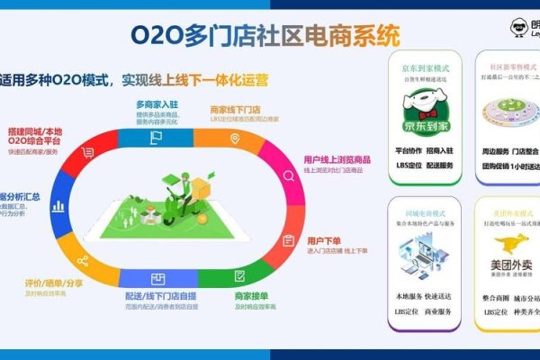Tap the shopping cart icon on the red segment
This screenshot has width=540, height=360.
point(87,153)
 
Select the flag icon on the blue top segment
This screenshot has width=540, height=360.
point(156,138)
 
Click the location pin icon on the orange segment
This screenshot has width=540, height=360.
point(235,139)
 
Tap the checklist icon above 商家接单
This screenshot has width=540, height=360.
point(239,275)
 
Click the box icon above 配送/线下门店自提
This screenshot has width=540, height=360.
point(157,278)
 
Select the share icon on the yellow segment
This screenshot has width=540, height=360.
point(83,261)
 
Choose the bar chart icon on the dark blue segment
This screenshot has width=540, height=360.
point(59,205)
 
